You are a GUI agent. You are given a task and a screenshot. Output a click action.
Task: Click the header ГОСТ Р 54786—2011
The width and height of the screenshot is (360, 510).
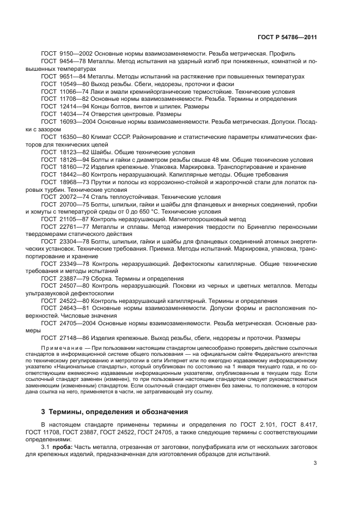coord(288,37)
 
